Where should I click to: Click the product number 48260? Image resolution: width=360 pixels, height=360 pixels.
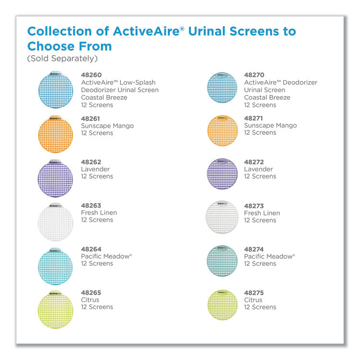coord(91,75)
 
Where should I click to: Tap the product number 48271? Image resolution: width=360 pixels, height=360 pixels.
coord(254,118)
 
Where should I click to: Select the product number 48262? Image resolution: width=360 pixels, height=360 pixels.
coord(91,162)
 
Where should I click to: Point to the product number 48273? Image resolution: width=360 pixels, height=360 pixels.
coord(254,206)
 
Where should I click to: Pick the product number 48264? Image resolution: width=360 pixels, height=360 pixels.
coord(91,249)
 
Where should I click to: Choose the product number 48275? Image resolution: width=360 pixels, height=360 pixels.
coord(254,293)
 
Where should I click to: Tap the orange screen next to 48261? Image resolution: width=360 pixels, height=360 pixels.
coord(55,135)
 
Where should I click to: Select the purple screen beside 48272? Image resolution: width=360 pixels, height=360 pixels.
coord(222,173)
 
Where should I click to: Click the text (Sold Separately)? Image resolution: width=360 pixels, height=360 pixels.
coord(62,59)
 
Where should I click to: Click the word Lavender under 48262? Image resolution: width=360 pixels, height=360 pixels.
coord(95,169)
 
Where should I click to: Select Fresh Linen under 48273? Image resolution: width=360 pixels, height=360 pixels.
coord(262,213)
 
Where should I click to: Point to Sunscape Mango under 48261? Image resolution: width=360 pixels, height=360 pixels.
coord(107,126)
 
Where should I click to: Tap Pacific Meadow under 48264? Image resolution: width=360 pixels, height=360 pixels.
coord(105,256)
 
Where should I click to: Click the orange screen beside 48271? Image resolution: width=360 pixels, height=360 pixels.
coord(222,131)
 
